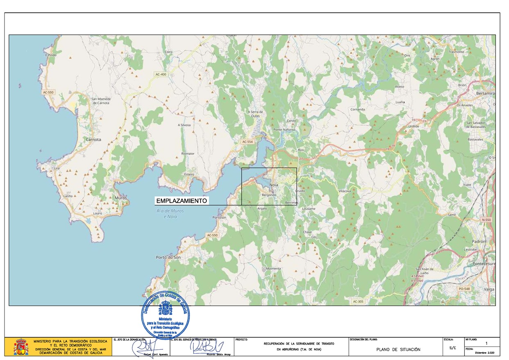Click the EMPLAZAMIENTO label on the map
(182, 201)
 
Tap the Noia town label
(274, 185)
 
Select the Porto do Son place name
(168, 257)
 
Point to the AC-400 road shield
(161, 74)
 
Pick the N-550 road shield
(486, 220)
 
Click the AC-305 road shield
(358, 302)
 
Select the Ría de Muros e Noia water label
(170, 213)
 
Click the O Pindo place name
(51, 55)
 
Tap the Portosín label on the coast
(219, 217)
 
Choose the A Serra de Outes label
(256, 114)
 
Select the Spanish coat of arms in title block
(21, 347)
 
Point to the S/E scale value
(452, 347)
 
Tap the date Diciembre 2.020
(485, 353)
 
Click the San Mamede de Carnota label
(101, 101)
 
